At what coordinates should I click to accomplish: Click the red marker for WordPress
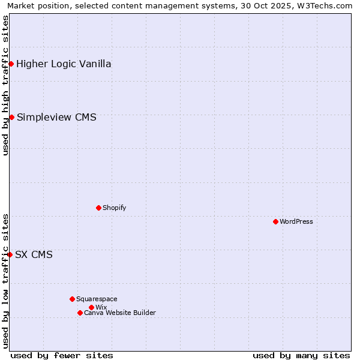(x=275, y=221)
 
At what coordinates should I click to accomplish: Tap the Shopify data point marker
(x=98, y=208)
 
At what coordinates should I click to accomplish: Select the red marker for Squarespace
(x=72, y=299)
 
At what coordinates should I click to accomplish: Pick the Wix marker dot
(x=91, y=307)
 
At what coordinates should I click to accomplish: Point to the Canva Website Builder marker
(x=80, y=313)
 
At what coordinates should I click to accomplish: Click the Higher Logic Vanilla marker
(x=11, y=64)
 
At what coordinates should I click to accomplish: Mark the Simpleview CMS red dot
(x=11, y=117)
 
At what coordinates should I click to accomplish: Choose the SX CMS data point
(x=10, y=254)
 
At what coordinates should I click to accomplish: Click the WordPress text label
(x=296, y=221)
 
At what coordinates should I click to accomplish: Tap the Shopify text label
(x=114, y=208)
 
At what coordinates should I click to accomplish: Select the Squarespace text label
(x=97, y=299)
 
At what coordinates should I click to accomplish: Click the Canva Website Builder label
(x=120, y=313)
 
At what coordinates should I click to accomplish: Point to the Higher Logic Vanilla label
(x=64, y=64)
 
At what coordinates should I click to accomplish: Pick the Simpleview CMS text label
(x=56, y=117)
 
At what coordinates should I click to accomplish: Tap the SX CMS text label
(x=34, y=254)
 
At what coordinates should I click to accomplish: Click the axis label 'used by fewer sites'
(x=62, y=355)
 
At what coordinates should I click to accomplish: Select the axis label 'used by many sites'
(x=301, y=355)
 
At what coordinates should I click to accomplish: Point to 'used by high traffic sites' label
(x=5, y=85)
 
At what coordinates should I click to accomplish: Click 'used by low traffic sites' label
(x=5, y=281)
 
